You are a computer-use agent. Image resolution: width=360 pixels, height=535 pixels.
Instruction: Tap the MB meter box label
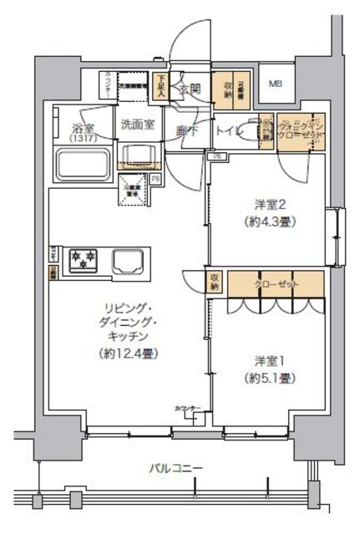[x=275, y=84]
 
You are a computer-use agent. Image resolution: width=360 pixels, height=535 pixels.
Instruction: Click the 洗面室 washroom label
[x=136, y=125]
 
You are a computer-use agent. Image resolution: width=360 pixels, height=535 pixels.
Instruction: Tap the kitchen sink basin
[x=128, y=261]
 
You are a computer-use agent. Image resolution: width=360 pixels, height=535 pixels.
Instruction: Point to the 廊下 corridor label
[x=186, y=130]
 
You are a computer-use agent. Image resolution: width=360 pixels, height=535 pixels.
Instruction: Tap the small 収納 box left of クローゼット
[x=215, y=283]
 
